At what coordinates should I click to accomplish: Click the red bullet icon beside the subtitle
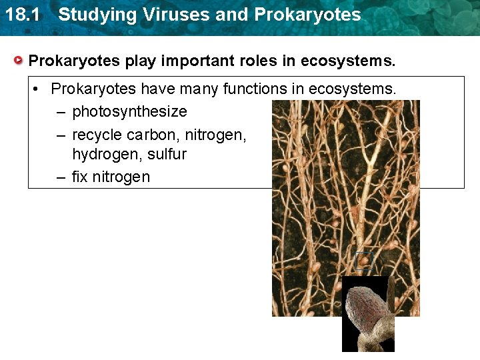pos(20,61)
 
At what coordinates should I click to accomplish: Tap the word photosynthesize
pos(129,111)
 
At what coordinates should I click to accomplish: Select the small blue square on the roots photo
pos(363,260)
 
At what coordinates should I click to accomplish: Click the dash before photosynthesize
pos(61,111)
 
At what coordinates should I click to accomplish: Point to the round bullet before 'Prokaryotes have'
pos(39,89)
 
